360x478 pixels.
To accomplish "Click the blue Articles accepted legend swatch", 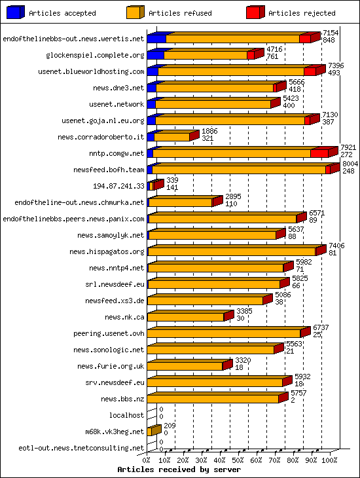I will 15,12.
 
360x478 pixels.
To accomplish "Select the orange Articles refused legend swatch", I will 135,12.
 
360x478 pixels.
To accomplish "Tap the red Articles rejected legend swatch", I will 255,12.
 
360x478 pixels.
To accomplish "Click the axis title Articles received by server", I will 179,469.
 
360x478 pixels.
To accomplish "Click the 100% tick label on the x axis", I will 330,460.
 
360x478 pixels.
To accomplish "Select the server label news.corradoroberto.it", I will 101,137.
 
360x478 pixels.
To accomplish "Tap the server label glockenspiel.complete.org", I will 95,55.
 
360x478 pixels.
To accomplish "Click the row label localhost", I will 126,415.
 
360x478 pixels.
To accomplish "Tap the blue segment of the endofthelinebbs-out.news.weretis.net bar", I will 156,39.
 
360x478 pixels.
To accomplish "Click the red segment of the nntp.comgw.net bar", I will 319,153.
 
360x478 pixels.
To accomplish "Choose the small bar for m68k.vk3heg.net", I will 153,432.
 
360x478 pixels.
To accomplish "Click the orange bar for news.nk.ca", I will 186,317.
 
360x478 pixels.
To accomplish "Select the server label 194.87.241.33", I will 118,186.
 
